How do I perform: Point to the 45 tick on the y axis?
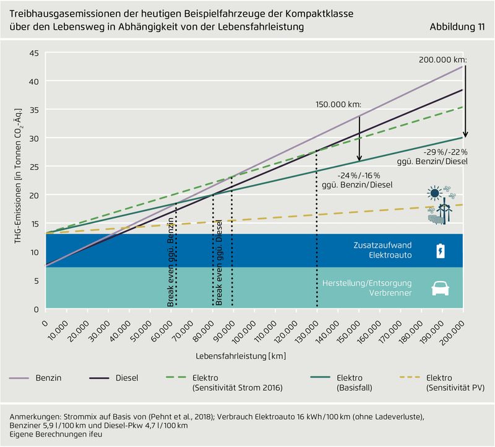34,53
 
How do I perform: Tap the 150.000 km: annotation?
338,105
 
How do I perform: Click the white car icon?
440,288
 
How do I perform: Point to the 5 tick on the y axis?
36,280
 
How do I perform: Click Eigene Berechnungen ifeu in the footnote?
54,435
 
